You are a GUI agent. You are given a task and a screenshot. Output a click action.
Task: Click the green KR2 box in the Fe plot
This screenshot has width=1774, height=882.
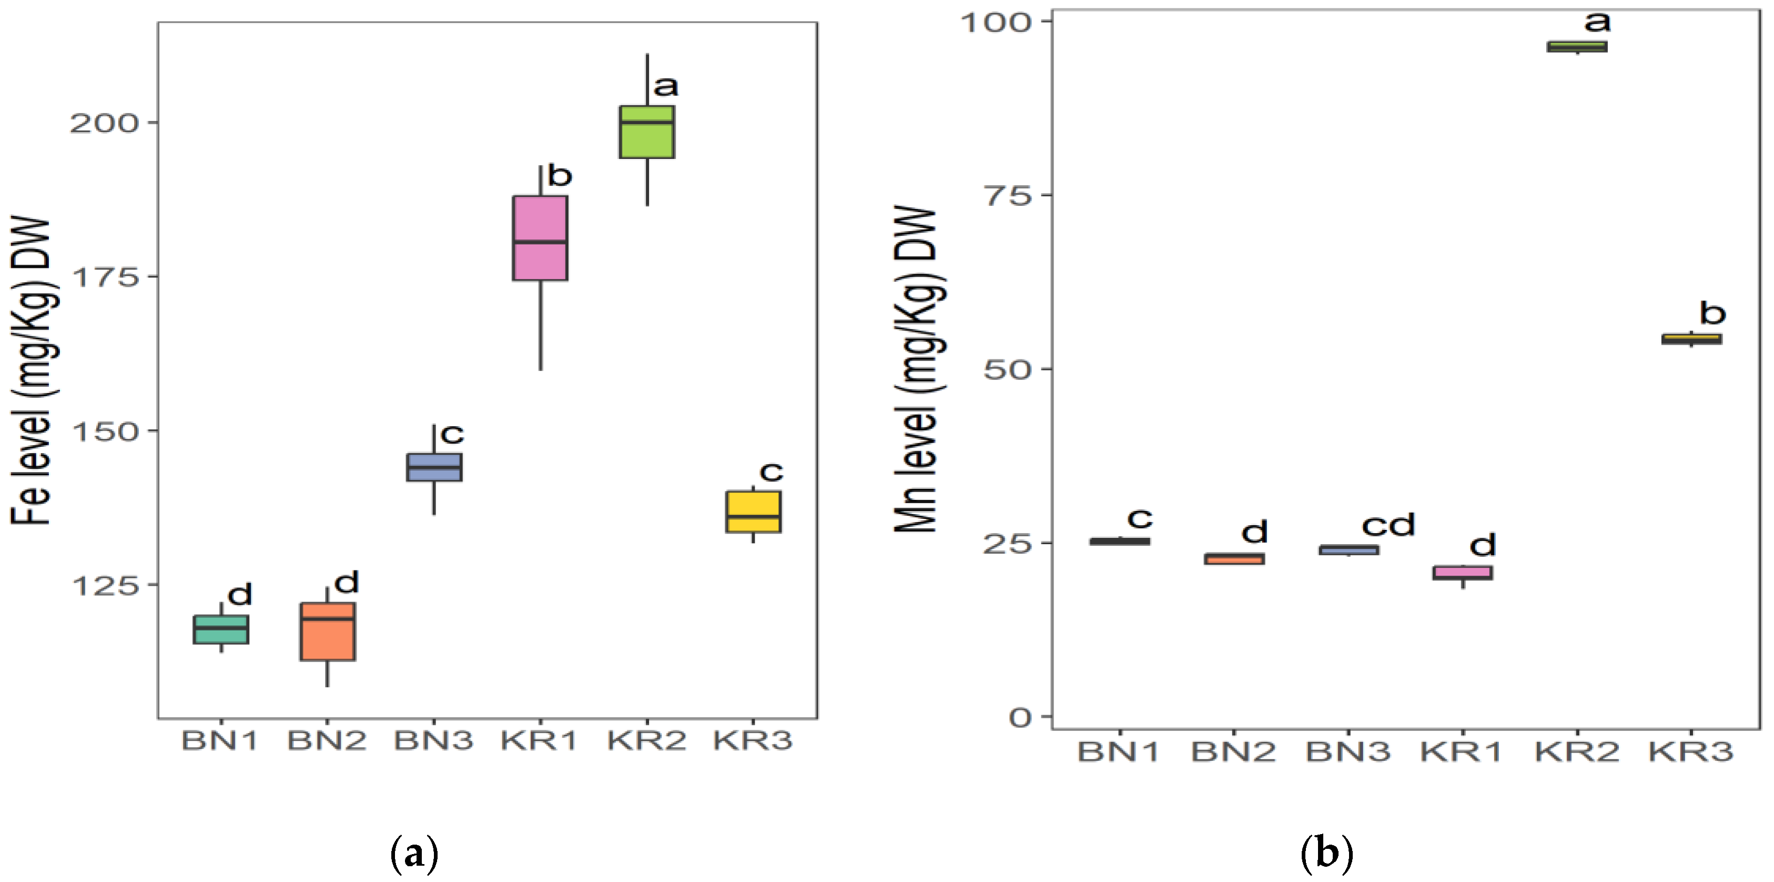(x=647, y=132)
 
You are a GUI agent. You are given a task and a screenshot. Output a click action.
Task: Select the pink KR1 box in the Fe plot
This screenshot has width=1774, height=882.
(x=540, y=238)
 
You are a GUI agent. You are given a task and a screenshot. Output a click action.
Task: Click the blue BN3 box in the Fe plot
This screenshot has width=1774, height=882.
(x=434, y=467)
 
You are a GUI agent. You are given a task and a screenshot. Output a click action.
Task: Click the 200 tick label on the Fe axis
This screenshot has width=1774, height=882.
(x=104, y=123)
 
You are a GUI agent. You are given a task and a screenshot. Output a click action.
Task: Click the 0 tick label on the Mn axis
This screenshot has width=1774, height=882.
(x=1021, y=718)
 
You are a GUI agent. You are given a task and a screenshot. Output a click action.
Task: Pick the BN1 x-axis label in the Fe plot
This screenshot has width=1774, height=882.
(x=220, y=741)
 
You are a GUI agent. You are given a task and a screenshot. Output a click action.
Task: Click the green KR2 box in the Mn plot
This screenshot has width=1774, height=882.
(x=1577, y=47)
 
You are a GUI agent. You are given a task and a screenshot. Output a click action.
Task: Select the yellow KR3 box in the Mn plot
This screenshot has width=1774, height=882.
(x=1691, y=339)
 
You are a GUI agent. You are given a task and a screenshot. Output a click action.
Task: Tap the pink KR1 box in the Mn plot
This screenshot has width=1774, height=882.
(x=1463, y=573)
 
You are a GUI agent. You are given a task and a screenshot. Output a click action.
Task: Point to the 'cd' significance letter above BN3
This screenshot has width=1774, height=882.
(x=1387, y=526)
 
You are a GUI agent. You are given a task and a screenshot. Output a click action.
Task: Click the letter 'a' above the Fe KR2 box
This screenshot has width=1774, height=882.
(x=665, y=87)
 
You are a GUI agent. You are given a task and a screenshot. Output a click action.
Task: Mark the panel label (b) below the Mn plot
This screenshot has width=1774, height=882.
(x=1326, y=853)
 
